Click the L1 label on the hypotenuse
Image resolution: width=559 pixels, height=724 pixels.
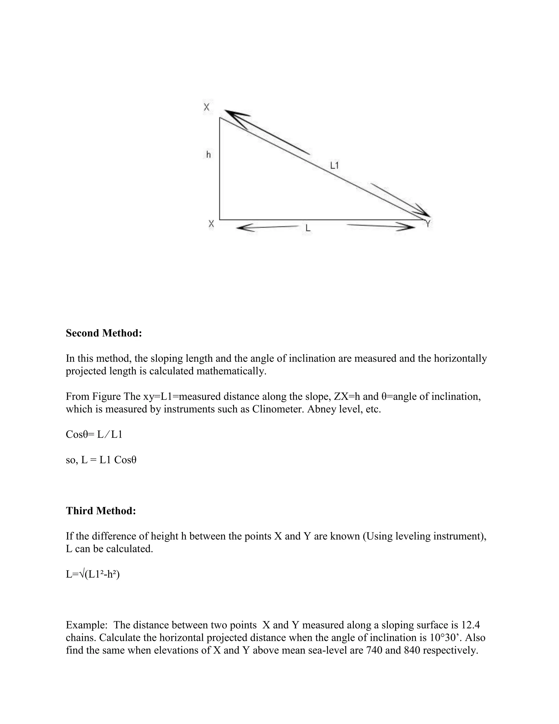pyautogui.click(x=334, y=165)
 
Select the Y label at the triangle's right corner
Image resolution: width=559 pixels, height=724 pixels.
pyautogui.click(x=428, y=223)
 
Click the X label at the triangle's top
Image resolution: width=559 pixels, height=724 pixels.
pyautogui.click(x=207, y=107)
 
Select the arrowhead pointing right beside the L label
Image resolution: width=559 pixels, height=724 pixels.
pyautogui.click(x=407, y=227)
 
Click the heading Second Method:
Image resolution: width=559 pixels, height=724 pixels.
pyautogui.click(x=104, y=333)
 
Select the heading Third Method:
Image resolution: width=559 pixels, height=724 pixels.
pyautogui.click(x=101, y=511)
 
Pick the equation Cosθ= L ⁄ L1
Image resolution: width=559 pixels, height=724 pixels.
pyautogui.click(x=94, y=434)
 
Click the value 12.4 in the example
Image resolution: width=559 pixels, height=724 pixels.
pyautogui.click(x=470, y=625)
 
